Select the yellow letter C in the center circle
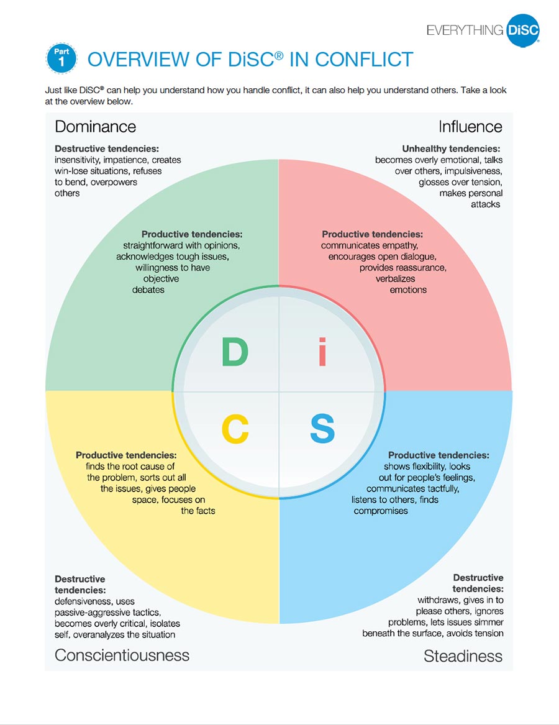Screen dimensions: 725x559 click(235, 429)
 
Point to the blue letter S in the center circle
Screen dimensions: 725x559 click(322, 429)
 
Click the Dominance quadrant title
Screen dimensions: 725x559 click(95, 127)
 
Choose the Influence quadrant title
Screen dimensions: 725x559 click(470, 127)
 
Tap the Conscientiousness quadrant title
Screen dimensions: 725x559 click(122, 655)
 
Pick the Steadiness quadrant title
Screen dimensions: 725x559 click(463, 656)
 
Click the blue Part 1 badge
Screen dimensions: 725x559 click(61, 58)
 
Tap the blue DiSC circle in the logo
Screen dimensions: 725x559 click(522, 30)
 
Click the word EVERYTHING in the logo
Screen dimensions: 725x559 click(465, 30)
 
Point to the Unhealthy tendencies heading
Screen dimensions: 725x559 click(451, 149)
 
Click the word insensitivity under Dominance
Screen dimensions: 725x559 click(77, 160)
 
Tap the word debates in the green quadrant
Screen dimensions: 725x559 click(148, 290)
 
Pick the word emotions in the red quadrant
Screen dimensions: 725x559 click(408, 290)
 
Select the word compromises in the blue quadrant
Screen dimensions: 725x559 click(381, 511)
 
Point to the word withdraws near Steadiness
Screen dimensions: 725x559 click(438, 600)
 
